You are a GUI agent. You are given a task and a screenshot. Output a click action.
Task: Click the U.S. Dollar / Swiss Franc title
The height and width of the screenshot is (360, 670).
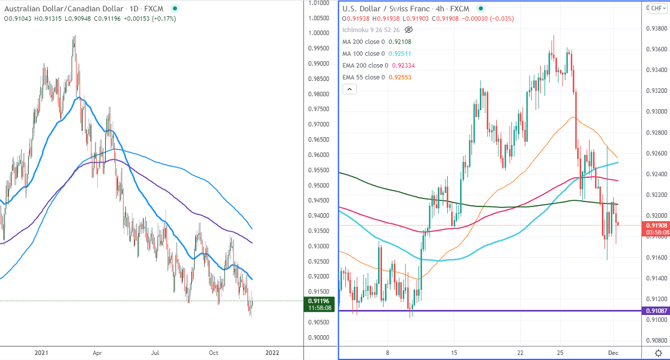point(397,9)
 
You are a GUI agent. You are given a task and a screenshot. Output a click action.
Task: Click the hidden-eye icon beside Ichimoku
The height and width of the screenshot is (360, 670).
point(409,29)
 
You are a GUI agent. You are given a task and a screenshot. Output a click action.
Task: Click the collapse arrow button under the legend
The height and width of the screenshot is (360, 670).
point(349,89)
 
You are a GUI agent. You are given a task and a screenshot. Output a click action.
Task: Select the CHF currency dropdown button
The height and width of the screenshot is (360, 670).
point(657,8)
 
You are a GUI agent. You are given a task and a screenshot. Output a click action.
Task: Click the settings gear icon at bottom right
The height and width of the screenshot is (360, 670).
point(659,353)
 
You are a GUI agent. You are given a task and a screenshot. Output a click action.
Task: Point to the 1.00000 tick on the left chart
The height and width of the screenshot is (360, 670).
point(319,33)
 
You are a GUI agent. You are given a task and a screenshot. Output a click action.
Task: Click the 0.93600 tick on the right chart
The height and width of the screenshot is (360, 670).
point(655,49)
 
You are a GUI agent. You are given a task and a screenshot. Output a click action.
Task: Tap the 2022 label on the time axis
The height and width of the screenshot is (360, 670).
point(272,353)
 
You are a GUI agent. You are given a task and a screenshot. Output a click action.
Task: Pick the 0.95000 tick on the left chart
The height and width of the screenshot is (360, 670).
point(319,185)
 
